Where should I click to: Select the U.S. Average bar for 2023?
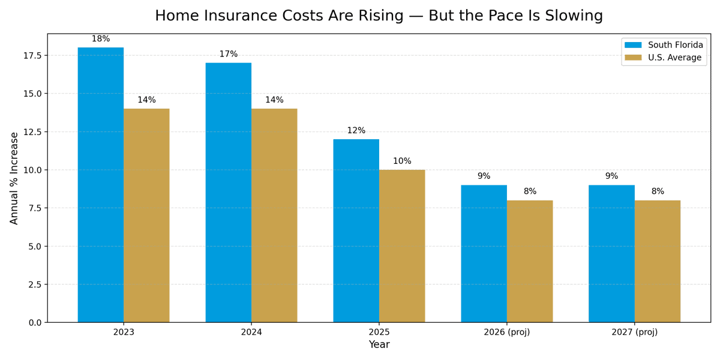tap(146, 215)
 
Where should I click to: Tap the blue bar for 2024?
tap(228, 193)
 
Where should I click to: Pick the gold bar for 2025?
tap(402, 246)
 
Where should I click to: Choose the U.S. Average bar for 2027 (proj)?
tap(658, 262)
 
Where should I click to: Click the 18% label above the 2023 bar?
tap(101, 39)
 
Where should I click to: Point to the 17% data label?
tap(228, 55)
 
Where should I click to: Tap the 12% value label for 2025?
tap(356, 131)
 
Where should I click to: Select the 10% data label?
tap(402, 161)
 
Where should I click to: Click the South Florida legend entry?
tap(664, 45)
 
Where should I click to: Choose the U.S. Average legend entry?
tap(664, 58)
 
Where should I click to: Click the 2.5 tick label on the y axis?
tap(34, 284)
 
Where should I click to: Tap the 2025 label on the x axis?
tap(379, 332)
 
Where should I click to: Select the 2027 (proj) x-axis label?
tap(634, 332)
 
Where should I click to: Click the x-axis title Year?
tap(379, 345)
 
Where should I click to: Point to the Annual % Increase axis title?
tap(14, 178)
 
